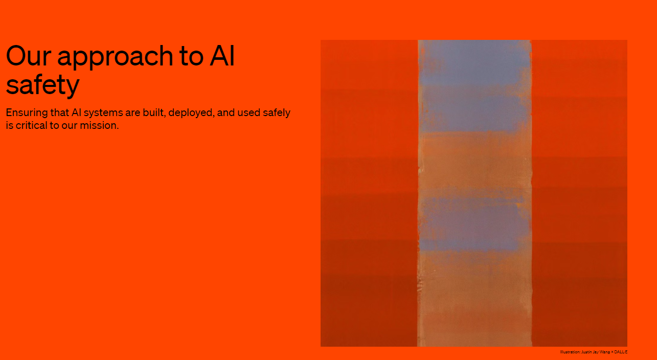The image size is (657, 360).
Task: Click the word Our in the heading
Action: coord(29,56)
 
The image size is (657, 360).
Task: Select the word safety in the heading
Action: coord(42,84)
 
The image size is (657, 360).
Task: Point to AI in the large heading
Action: coord(222,56)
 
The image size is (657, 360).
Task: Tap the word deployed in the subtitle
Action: coord(191,113)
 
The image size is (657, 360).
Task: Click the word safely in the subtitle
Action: coord(277,113)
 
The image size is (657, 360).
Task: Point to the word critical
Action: coord(31,126)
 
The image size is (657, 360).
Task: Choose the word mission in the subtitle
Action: coord(99,126)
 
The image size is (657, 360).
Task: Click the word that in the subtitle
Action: coord(59,112)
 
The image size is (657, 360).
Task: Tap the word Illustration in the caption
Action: coord(570,352)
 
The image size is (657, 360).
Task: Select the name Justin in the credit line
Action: coord(586,352)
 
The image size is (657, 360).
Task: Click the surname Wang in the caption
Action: coord(605,352)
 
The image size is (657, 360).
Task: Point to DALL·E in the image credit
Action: coord(621,352)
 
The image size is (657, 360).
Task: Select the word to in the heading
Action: coord(191,56)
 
